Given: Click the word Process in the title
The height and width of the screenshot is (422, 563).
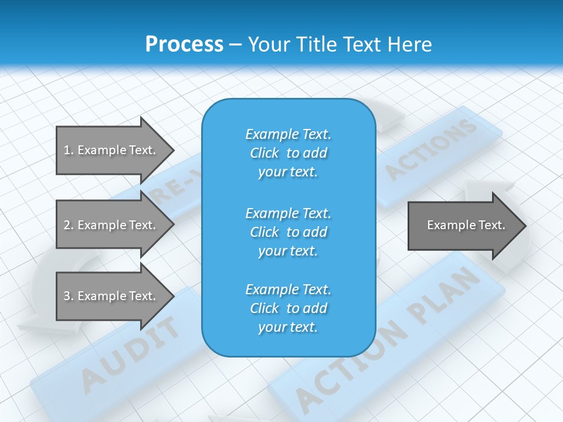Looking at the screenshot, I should pyautogui.click(x=184, y=45).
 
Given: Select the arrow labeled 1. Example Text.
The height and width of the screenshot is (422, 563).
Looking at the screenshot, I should pyautogui.click(x=111, y=150).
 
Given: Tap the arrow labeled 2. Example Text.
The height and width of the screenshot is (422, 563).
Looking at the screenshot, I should pyautogui.click(x=111, y=225).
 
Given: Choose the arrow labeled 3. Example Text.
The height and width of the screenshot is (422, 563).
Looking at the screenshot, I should pyautogui.click(x=111, y=296).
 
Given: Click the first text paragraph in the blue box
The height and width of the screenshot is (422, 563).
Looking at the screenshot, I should pyautogui.click(x=288, y=153).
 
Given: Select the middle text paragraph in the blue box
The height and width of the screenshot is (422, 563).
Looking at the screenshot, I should pyautogui.click(x=288, y=232).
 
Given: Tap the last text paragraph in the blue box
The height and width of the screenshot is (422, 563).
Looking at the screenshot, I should pyautogui.click(x=288, y=308).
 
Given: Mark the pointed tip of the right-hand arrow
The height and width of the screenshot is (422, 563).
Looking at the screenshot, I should pyautogui.click(x=525, y=226).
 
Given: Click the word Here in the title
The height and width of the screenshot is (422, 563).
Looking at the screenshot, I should pyautogui.click(x=412, y=45).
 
